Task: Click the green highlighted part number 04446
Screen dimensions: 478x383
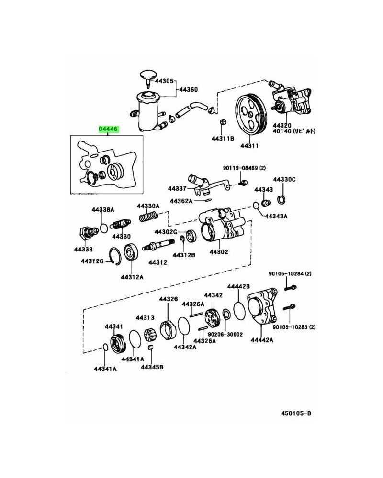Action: [108, 129]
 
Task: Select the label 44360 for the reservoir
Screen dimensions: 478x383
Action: [188, 90]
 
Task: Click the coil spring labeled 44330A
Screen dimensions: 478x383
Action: [148, 216]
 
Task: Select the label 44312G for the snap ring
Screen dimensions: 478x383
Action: [92, 261]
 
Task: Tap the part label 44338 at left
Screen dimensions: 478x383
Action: [83, 249]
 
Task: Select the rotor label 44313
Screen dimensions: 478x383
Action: [145, 317]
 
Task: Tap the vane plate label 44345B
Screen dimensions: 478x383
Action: [152, 367]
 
